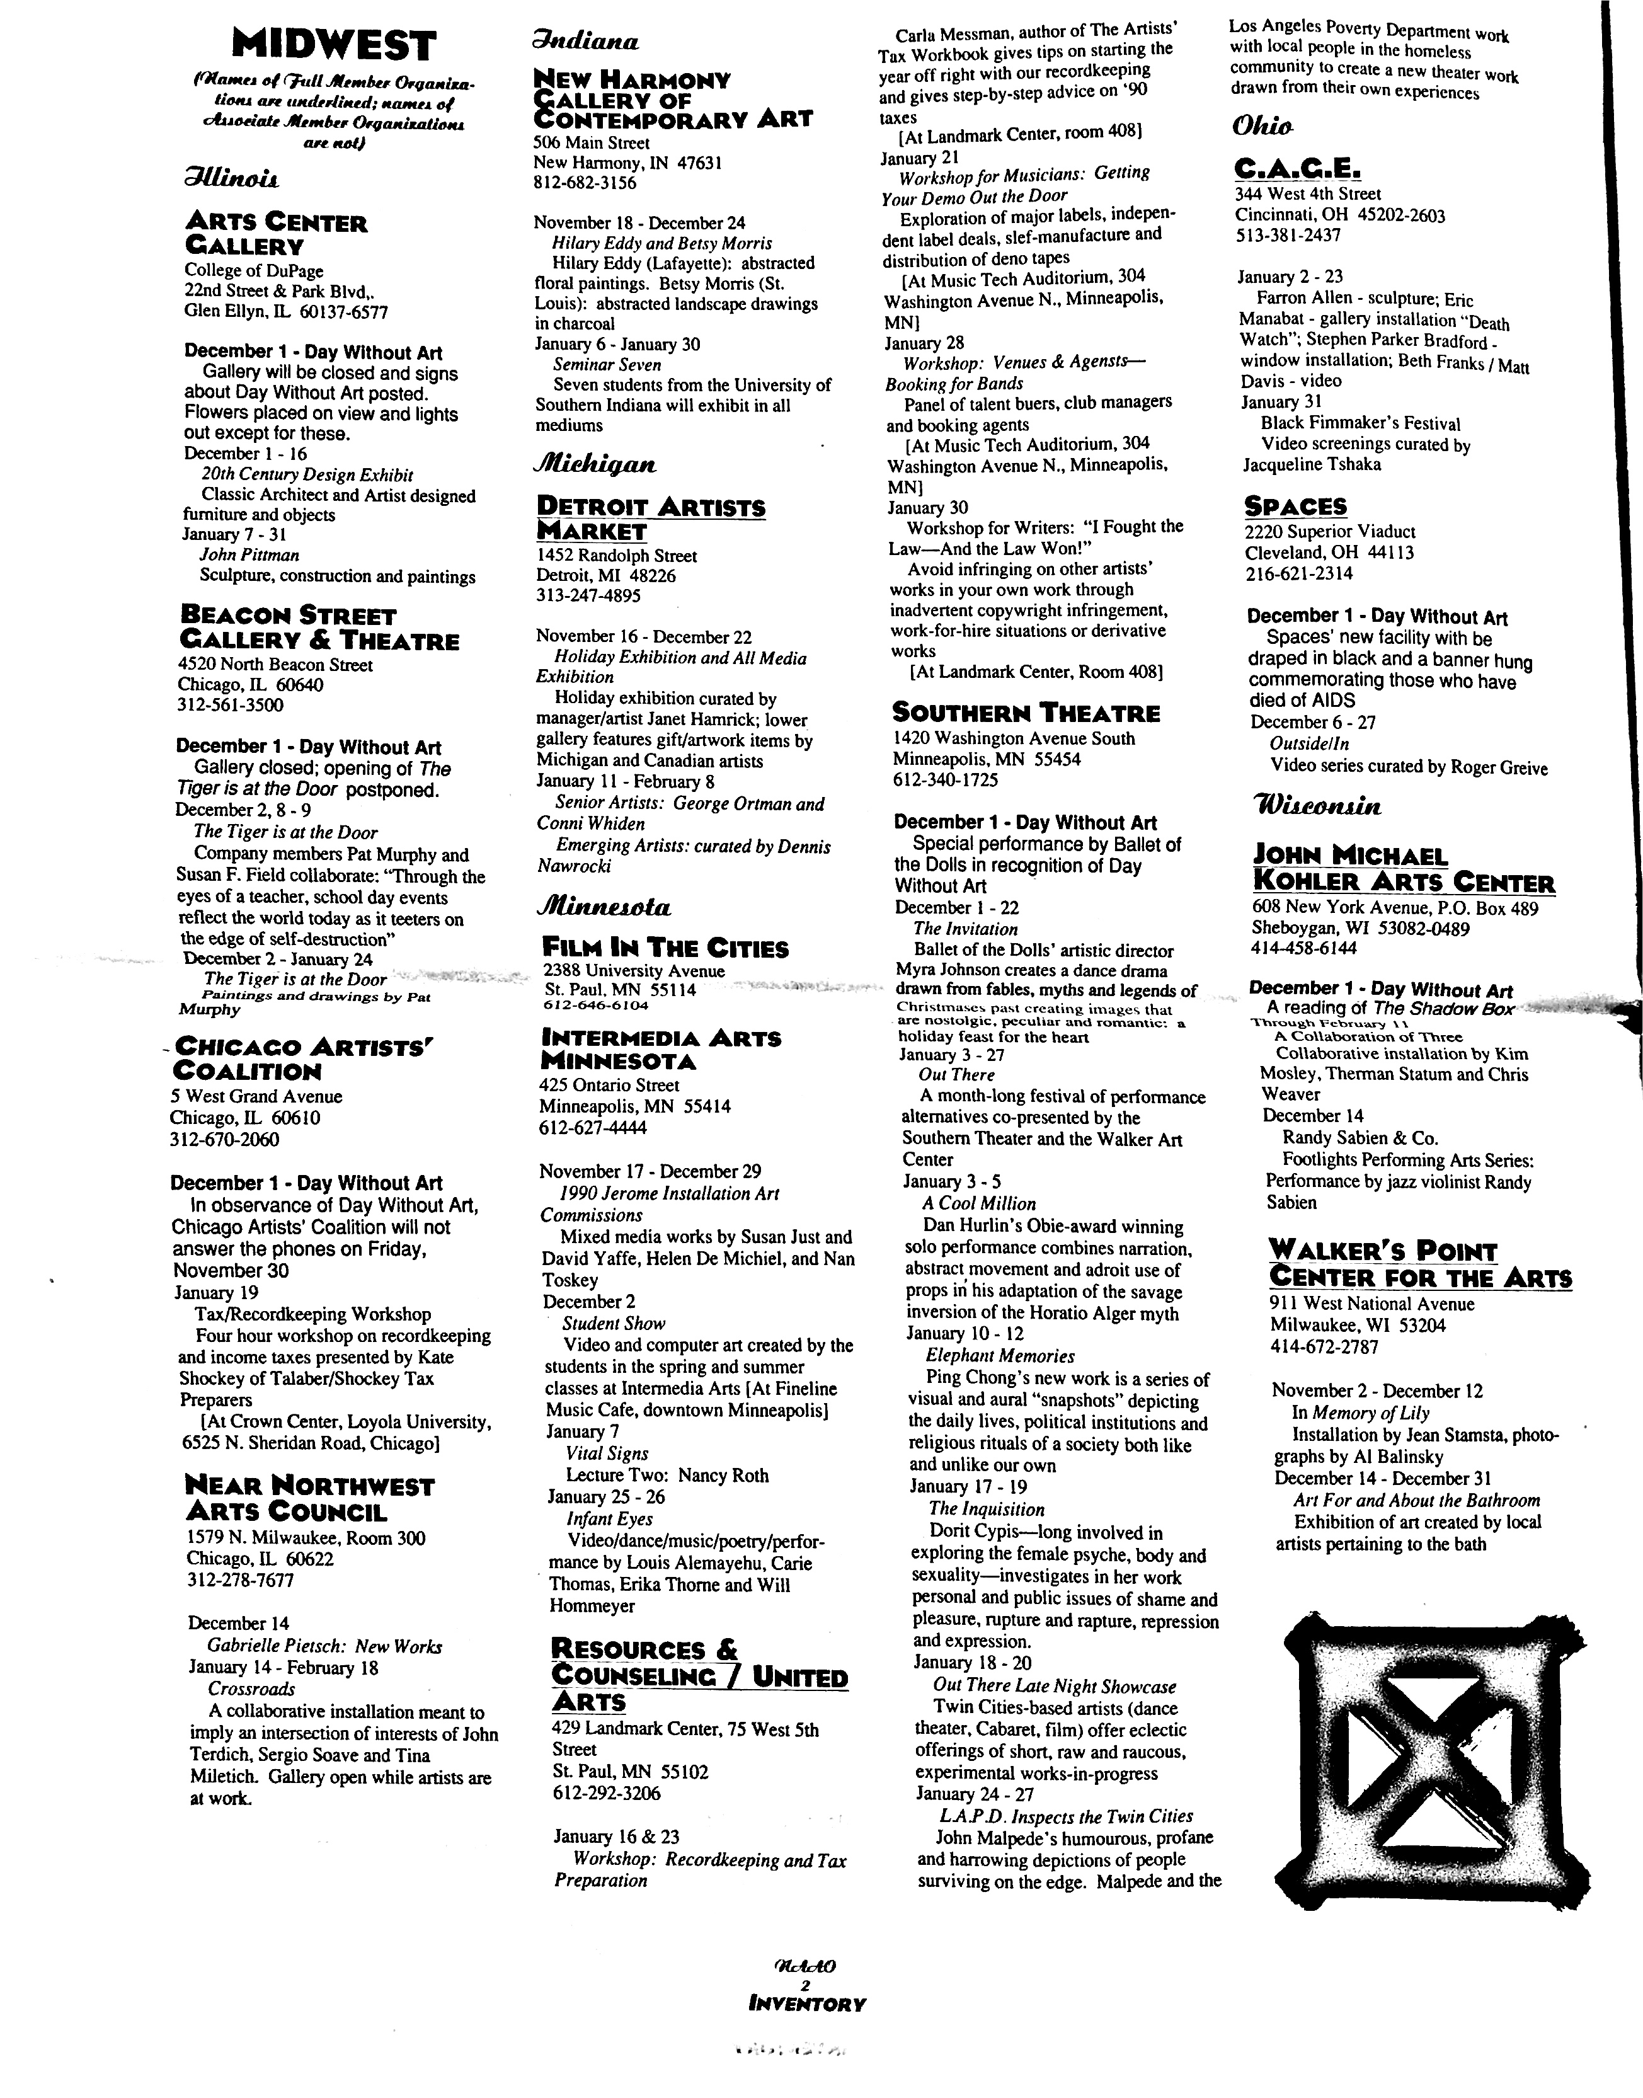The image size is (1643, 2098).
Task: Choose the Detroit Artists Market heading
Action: [650, 519]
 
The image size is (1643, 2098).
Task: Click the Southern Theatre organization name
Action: [1026, 713]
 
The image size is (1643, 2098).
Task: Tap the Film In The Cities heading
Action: [665, 948]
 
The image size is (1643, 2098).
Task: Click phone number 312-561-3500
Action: [230, 704]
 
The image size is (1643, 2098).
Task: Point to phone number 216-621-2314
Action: [1298, 573]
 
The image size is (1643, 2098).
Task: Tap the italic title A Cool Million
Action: [978, 1203]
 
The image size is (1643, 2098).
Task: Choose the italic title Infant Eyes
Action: [609, 1519]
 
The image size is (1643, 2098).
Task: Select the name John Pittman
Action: [249, 555]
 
